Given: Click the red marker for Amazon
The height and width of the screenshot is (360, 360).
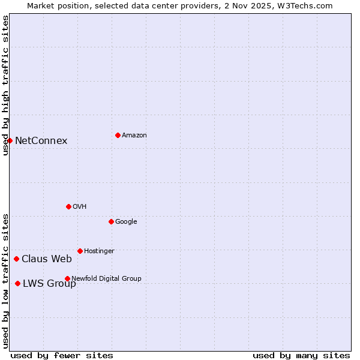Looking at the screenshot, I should click(x=118, y=135).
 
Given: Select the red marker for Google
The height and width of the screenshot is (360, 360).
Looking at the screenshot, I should click(x=111, y=221).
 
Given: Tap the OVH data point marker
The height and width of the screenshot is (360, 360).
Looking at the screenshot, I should click(x=68, y=206).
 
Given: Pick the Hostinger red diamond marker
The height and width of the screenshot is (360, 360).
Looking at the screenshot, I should click(x=80, y=251).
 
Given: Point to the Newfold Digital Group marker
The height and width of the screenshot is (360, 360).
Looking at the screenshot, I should click(x=67, y=278).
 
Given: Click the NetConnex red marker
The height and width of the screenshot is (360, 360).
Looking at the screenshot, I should click(x=10, y=140).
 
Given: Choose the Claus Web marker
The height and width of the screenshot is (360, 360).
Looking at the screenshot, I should click(x=16, y=259).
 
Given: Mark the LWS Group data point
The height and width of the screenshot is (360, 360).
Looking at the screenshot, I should click(x=17, y=283).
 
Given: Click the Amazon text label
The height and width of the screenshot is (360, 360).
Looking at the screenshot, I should click(x=134, y=136).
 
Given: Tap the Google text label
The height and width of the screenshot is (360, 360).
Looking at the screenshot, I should click(x=126, y=222).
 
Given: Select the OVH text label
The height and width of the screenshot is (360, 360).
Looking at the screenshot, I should click(x=80, y=207).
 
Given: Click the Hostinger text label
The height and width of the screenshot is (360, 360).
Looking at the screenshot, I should click(x=99, y=251).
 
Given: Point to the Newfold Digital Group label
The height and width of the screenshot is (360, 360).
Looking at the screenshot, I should click(x=106, y=278).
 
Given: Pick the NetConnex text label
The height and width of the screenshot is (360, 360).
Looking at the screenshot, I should click(x=41, y=141).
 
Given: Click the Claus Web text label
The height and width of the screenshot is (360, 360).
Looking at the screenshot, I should click(x=47, y=259).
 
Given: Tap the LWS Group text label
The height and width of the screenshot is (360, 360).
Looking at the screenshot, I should click(x=49, y=284).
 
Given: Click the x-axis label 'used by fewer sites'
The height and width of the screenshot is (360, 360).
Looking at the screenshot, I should click(x=62, y=356).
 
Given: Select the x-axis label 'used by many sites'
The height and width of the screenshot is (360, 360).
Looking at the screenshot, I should click(x=301, y=356).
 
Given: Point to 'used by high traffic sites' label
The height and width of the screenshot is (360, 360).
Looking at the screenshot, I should click(x=5, y=85).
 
